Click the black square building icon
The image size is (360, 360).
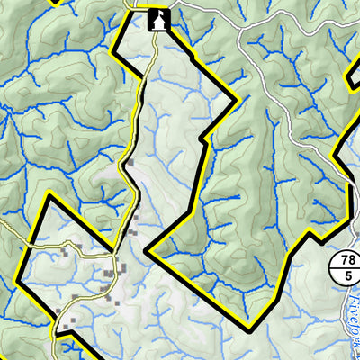(158, 19)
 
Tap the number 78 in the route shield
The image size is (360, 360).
(346, 261)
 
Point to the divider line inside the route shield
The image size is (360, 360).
(346, 268)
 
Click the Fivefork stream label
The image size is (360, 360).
(352, 319)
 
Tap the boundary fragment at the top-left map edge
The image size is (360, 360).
(54, 2)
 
